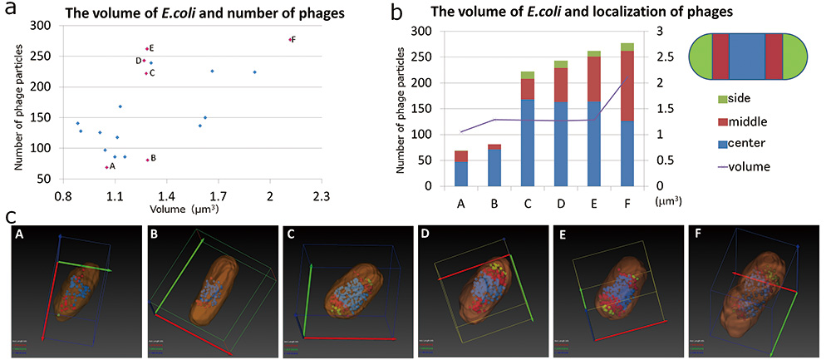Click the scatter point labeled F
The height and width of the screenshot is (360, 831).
(289, 39)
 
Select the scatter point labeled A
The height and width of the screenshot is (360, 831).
(106, 167)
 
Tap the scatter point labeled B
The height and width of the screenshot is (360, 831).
(147, 160)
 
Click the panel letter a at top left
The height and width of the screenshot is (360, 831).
(12, 12)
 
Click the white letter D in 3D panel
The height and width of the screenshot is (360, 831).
(425, 235)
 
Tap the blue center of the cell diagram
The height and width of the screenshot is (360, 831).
(746, 58)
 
